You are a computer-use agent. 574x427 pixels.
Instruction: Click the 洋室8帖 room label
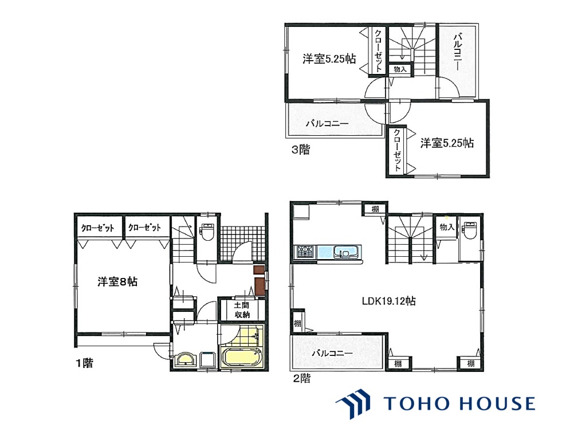click(x=117, y=281)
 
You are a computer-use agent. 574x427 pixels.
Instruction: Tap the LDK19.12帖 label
click(x=388, y=301)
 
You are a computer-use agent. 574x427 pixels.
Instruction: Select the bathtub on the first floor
click(x=242, y=358)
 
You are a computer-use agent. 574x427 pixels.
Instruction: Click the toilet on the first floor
click(x=207, y=232)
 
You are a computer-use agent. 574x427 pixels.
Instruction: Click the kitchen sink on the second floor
click(x=344, y=252)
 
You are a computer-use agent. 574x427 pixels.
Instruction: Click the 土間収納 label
click(x=242, y=310)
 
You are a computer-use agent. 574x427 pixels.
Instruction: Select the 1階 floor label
click(x=85, y=363)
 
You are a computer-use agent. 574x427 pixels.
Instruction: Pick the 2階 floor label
click(x=302, y=378)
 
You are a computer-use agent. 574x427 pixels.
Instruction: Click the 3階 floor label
click(x=301, y=150)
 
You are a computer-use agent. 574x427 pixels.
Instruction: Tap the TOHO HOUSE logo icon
click(x=353, y=404)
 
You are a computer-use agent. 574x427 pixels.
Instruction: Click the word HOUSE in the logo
click(x=497, y=404)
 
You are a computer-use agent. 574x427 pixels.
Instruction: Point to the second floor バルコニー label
click(x=332, y=354)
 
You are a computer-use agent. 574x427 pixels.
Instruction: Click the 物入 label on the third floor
click(x=400, y=69)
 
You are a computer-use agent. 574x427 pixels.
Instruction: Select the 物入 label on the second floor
click(x=447, y=227)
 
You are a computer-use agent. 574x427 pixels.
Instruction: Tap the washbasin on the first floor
click(x=186, y=359)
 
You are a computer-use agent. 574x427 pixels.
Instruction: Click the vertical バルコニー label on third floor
click(x=457, y=51)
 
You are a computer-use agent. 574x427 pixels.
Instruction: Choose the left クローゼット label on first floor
click(x=98, y=228)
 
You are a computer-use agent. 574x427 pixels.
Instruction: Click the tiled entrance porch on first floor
click(x=242, y=243)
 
